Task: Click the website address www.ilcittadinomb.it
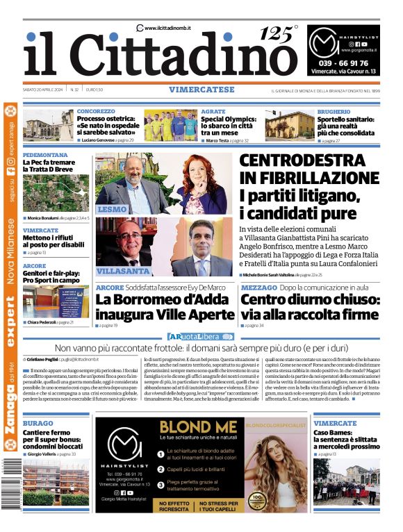pyautogui.click(x=168, y=28)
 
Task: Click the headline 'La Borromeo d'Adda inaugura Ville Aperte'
pyautogui.click(x=162, y=306)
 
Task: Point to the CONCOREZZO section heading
pyautogui.click(x=96, y=111)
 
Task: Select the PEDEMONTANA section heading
pyautogui.click(x=45, y=155)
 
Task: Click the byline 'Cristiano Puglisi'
pyautogui.click(x=43, y=360)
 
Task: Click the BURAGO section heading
pyautogui.click(x=38, y=423)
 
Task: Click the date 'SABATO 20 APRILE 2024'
pyautogui.click(x=44, y=90)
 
